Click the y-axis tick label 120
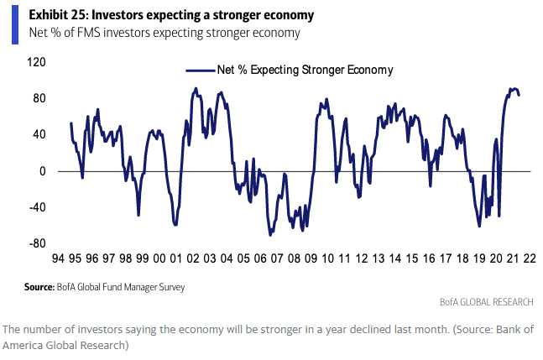click(x=35, y=63)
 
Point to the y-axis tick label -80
click(x=35, y=244)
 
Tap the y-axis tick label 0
click(x=41, y=171)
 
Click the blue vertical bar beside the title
click(x=13, y=23)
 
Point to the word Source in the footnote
click(x=39, y=287)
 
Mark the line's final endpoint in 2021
click(x=519, y=95)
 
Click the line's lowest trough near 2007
click(x=270, y=235)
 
